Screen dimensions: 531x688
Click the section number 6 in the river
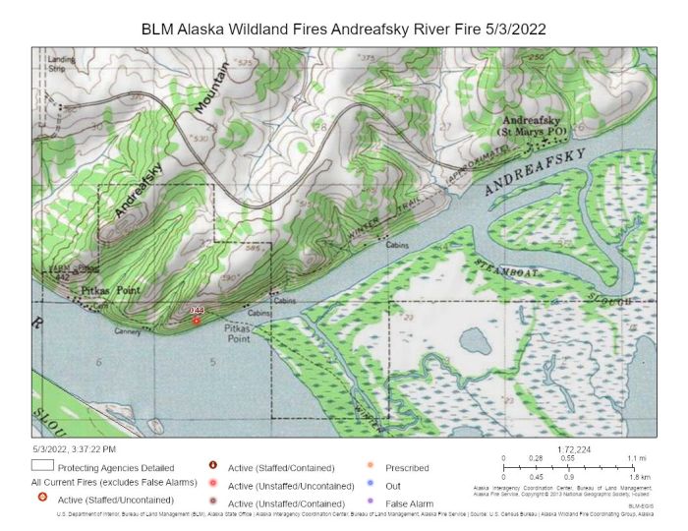pos(99,363)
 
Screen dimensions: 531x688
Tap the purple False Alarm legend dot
pos(371,502)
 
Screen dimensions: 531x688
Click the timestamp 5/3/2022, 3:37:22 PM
pos(74,448)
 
